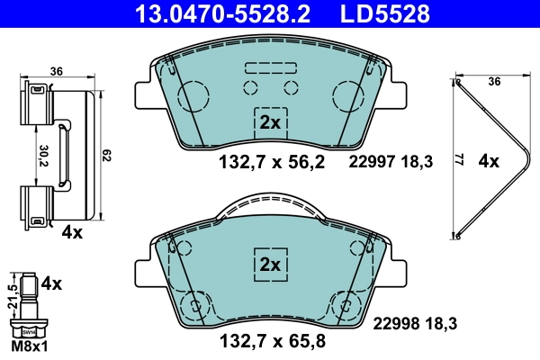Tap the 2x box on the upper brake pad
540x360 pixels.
coord(270,122)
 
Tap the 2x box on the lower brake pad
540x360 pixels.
coord(270,265)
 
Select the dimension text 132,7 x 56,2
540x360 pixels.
coord(271,162)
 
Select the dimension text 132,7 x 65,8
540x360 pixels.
coord(271,341)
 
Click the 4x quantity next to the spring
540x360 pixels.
coord(489,162)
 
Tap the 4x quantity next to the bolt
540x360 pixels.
coord(52,283)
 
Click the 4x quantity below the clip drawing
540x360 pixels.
coord(72,233)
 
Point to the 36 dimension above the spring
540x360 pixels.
coord(492,82)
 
